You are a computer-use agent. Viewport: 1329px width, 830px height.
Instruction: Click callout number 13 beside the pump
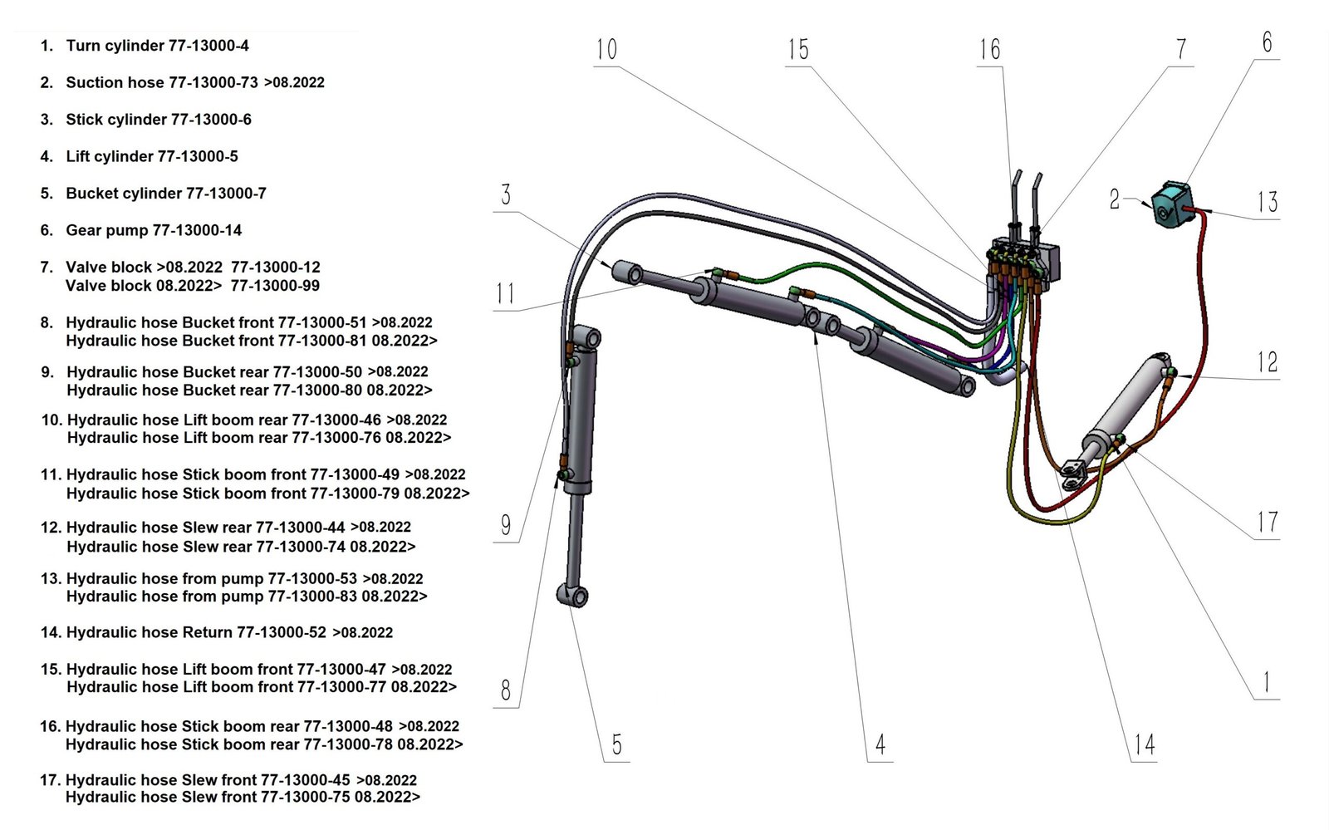[1267, 202]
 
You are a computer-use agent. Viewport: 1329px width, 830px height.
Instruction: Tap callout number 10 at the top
[606, 50]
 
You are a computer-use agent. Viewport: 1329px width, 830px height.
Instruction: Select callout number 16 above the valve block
[989, 50]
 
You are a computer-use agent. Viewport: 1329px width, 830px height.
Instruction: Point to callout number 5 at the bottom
[616, 744]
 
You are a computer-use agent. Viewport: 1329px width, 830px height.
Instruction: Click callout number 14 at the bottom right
[1144, 744]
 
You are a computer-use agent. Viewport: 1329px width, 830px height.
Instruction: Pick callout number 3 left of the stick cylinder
[506, 195]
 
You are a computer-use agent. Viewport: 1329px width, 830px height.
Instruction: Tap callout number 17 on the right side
[1267, 523]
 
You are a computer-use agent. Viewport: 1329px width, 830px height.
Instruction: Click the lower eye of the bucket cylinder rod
[572, 596]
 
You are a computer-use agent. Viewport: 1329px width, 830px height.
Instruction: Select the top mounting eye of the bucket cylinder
[587, 338]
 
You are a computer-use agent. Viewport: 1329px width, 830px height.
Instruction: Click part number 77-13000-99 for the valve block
[275, 286]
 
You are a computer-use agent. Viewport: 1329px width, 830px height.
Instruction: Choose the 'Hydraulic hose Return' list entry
[149, 632]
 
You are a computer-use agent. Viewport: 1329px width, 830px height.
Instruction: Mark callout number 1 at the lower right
[1266, 683]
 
